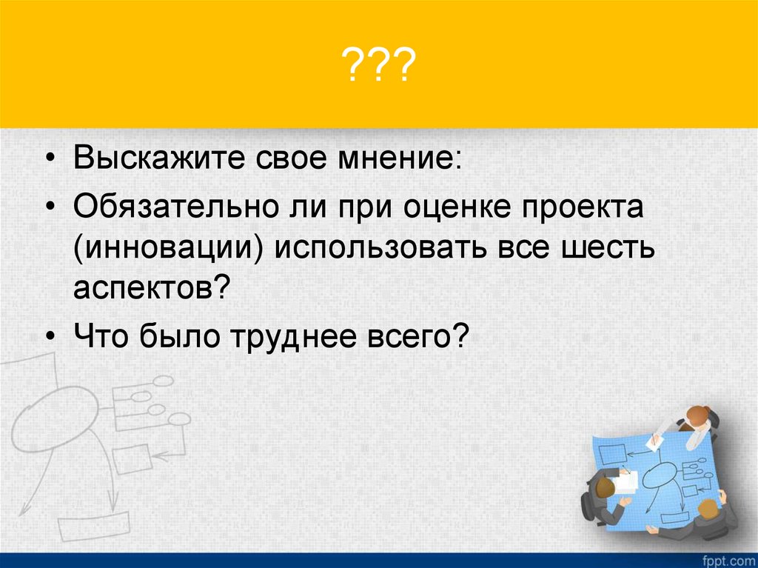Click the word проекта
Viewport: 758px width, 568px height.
coord(585,207)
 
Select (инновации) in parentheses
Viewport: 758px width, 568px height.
coord(169,249)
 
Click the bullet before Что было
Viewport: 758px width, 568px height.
coord(50,338)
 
